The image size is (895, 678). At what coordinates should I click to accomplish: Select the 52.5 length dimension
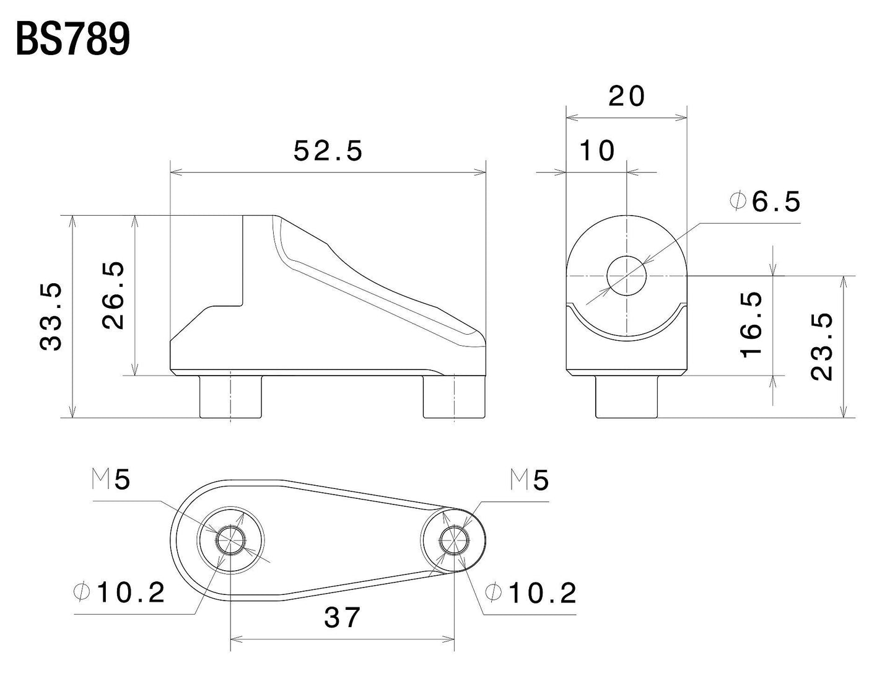click(328, 151)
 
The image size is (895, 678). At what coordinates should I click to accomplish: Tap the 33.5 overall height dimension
click(52, 316)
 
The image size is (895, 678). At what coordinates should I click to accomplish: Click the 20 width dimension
click(627, 97)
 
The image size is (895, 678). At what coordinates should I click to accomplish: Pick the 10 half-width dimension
click(598, 151)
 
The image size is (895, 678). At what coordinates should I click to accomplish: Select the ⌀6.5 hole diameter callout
click(766, 202)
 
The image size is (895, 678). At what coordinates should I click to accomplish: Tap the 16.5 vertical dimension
click(751, 324)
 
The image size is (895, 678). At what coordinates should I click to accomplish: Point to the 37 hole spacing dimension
click(342, 617)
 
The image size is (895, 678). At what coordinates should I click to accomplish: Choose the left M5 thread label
click(111, 480)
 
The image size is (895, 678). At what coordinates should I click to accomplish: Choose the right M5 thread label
click(530, 480)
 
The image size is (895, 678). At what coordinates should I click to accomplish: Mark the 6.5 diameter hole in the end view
click(626, 275)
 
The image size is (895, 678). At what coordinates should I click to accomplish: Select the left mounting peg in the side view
click(230, 396)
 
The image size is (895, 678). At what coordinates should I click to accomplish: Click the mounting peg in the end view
click(626, 396)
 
